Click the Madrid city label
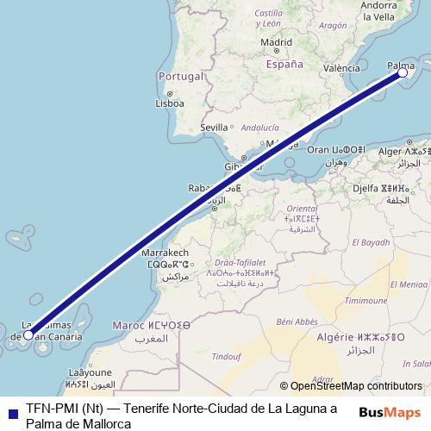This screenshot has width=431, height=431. (276, 41)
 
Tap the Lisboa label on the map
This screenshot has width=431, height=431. (169, 103)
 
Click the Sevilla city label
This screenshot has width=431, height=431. (214, 128)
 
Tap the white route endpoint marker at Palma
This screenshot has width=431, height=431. (403, 73)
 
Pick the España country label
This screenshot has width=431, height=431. (284, 64)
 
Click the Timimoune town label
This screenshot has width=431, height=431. (366, 300)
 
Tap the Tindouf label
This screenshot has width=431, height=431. (226, 355)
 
